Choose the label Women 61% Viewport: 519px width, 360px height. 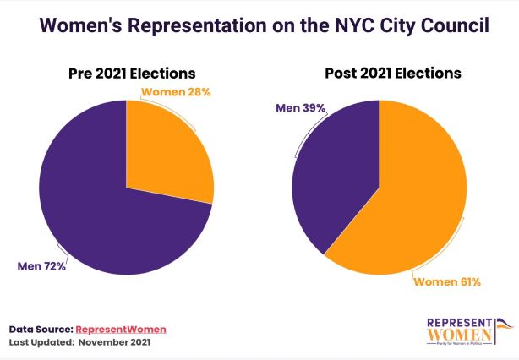(x=446, y=281)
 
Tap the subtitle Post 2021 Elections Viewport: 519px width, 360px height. (x=393, y=73)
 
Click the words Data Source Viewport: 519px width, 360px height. (x=41, y=329)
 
